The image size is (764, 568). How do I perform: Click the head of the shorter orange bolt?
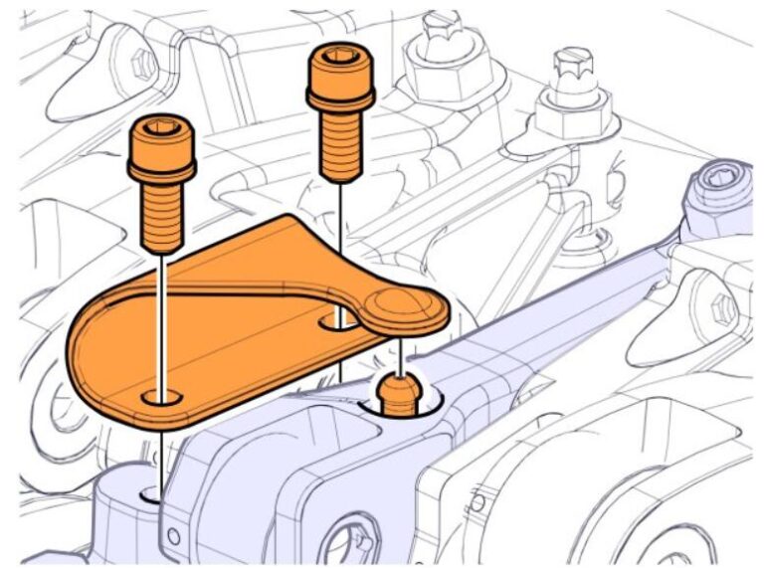click(x=161, y=149)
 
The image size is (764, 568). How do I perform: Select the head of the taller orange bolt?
click(x=340, y=80)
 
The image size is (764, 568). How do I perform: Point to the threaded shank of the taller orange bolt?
click(x=340, y=144)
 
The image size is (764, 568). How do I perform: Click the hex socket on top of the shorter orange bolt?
click(x=161, y=128)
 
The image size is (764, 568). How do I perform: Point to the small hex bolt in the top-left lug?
click(x=146, y=64)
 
